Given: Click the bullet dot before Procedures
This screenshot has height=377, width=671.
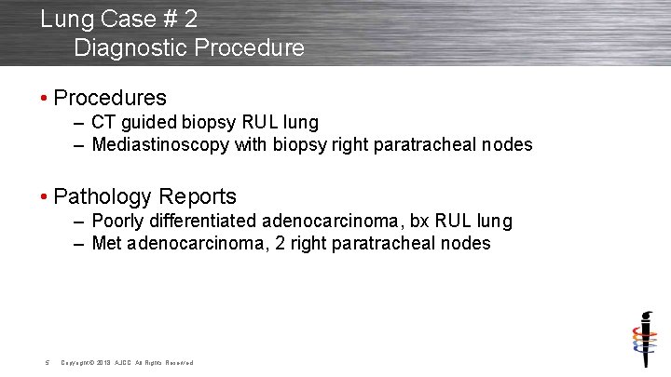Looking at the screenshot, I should tap(45, 98).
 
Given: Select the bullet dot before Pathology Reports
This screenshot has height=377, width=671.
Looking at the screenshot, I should tap(45, 197).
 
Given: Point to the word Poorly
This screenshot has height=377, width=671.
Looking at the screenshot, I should tap(116, 222).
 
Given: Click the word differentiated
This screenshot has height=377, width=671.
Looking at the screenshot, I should tap(200, 222).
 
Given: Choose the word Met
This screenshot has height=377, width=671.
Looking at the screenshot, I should tap(107, 244).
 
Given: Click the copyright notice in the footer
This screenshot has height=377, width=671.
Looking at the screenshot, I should tap(127, 362).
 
